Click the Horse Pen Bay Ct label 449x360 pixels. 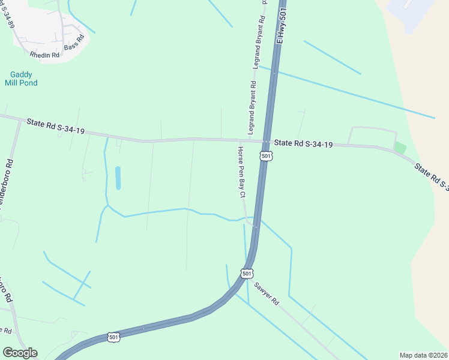coord(242,172)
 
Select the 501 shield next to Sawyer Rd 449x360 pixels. coord(247,274)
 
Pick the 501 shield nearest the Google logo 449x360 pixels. coord(114,337)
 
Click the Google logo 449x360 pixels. coord(20,353)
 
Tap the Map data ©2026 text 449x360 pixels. coord(423,355)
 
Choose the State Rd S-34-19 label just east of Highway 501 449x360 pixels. coord(303,144)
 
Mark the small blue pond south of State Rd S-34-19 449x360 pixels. coord(118,178)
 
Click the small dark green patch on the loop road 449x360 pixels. coord(400,147)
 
